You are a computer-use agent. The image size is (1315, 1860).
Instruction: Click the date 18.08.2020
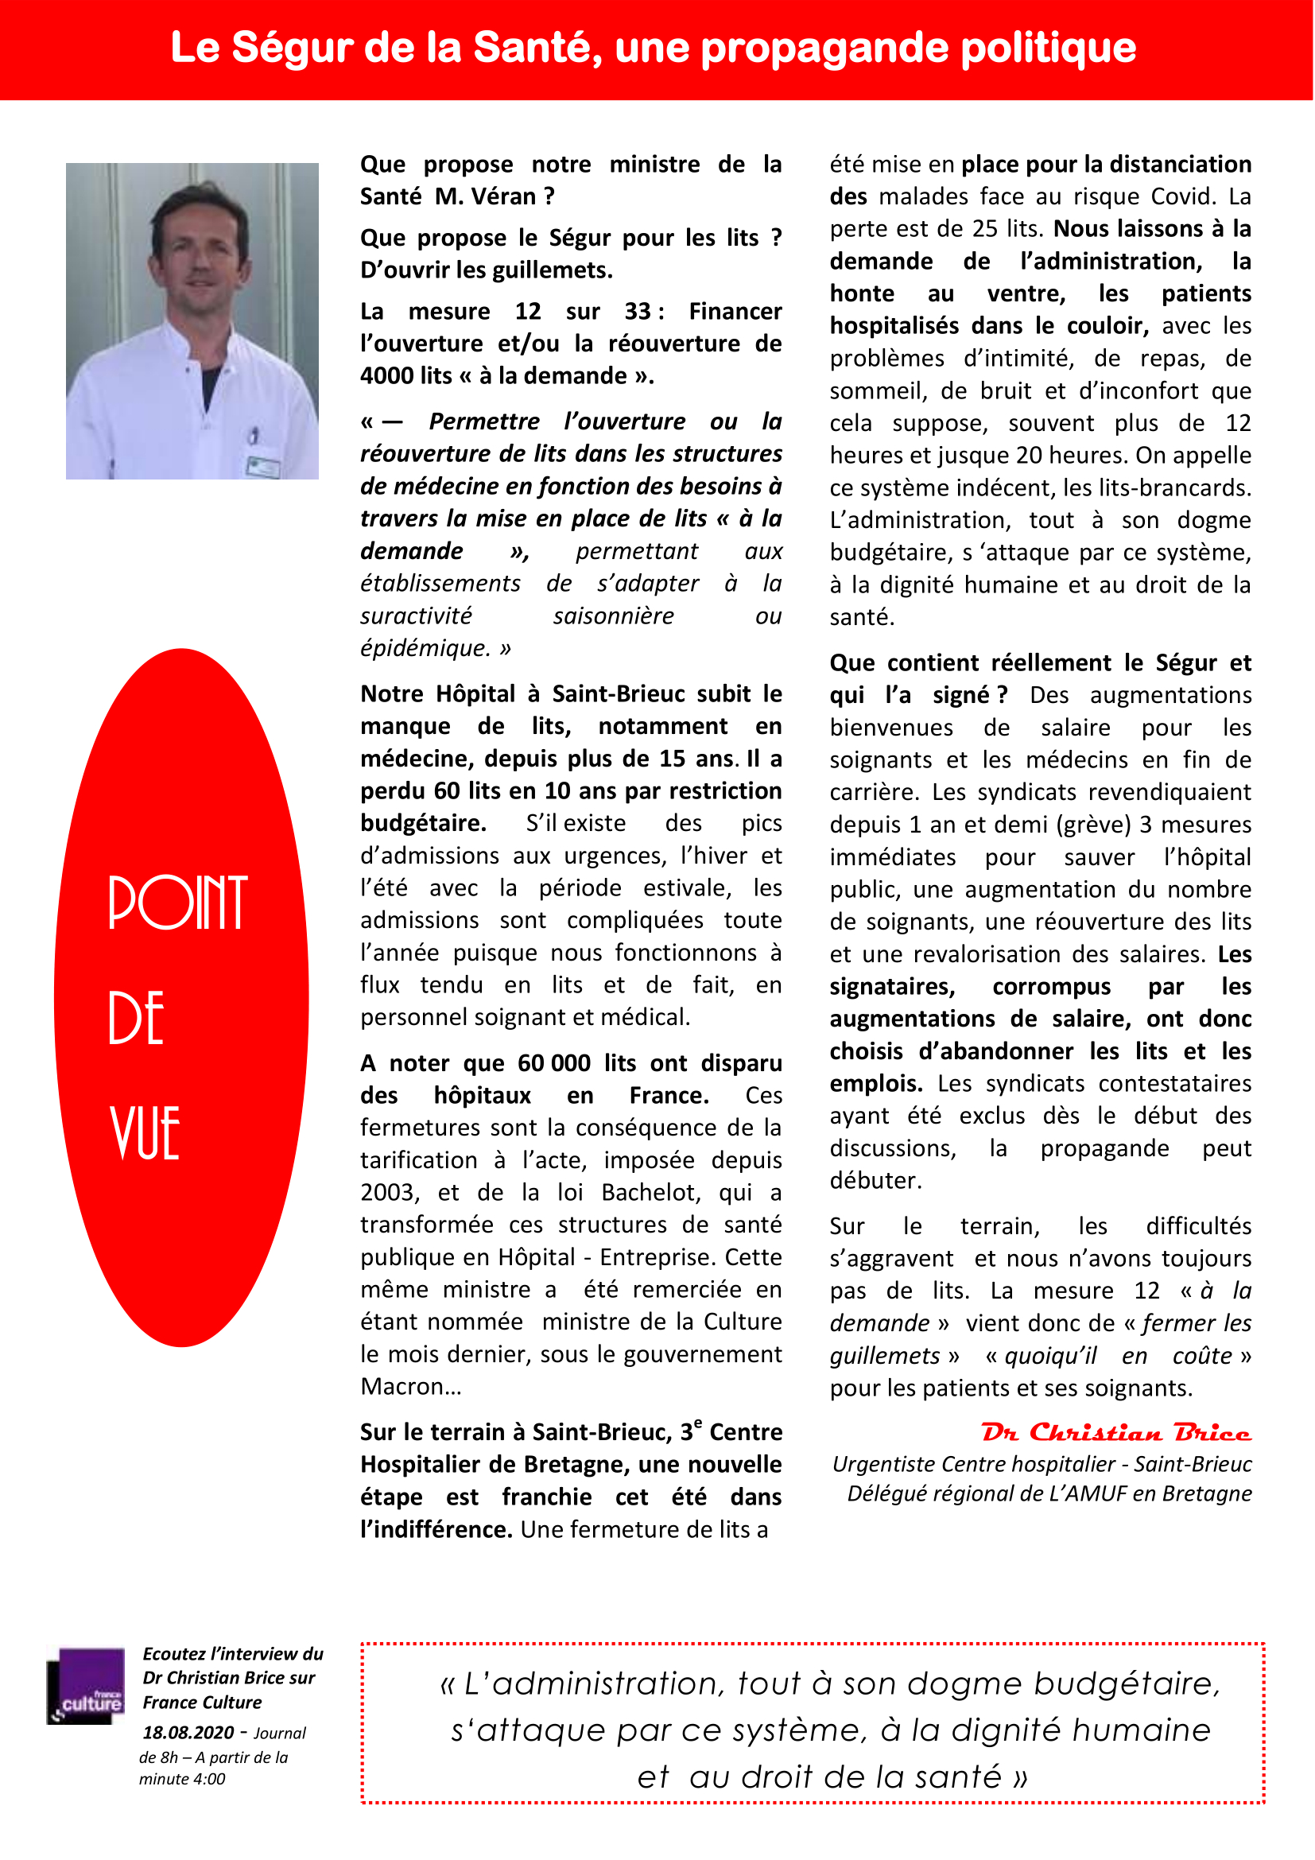(x=188, y=1732)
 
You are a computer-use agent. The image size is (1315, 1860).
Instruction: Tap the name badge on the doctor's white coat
(x=263, y=468)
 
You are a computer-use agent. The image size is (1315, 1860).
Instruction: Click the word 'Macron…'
(x=410, y=1387)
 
